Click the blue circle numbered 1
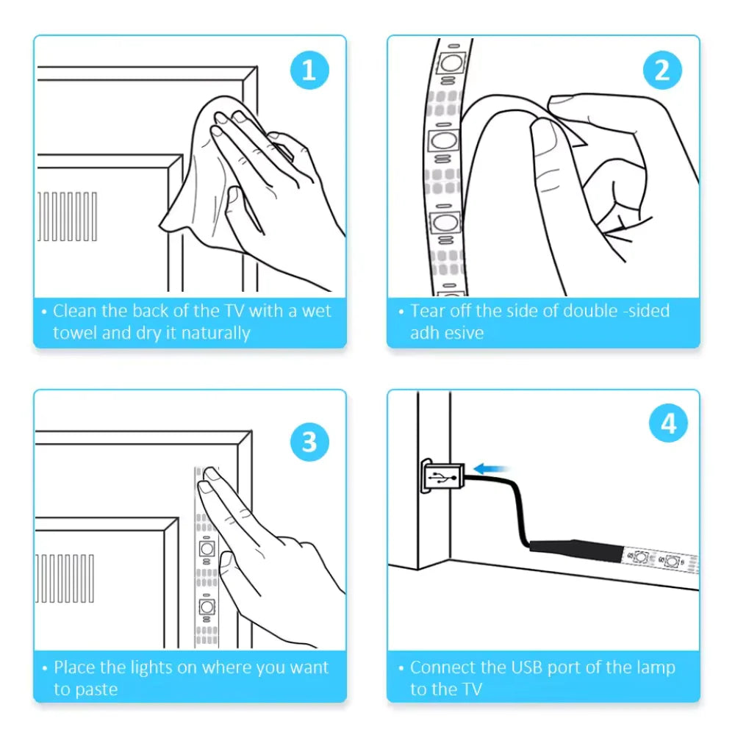click(x=309, y=71)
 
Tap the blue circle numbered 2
click(x=662, y=71)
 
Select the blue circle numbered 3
click(x=309, y=442)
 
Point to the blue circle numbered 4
click(x=668, y=423)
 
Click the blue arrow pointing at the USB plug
click(x=490, y=468)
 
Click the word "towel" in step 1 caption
click(x=75, y=333)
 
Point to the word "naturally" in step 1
click(x=215, y=334)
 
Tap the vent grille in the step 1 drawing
click(x=68, y=217)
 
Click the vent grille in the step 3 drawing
click(x=65, y=578)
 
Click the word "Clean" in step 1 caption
click(x=75, y=311)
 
